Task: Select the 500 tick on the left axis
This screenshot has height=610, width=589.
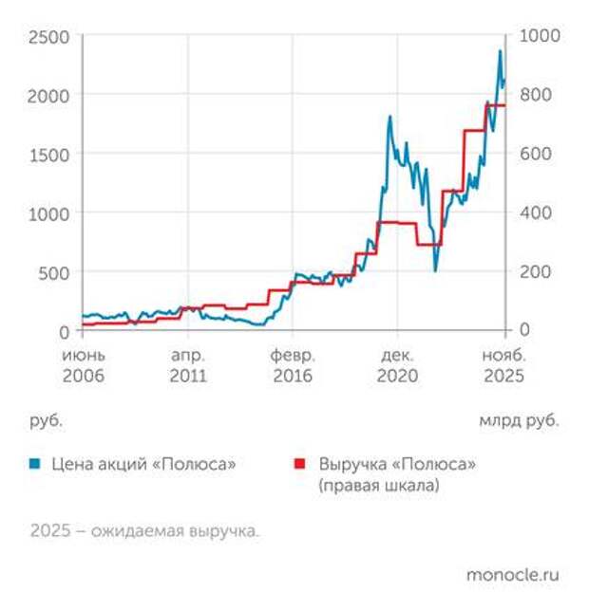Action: pyautogui.click(x=54, y=272)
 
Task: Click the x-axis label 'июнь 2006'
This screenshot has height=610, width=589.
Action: pyautogui.click(x=84, y=365)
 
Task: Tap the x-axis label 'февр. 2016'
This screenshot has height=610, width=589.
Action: pyautogui.click(x=293, y=365)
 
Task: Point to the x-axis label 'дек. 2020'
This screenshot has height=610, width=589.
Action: pyautogui.click(x=397, y=365)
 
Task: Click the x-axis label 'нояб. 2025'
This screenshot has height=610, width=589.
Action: pyautogui.click(x=503, y=365)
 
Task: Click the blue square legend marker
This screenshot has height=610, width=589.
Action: pyautogui.click(x=35, y=464)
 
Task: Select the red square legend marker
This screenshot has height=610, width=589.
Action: pyautogui.click(x=301, y=464)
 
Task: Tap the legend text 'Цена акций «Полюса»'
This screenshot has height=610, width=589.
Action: pyautogui.click(x=143, y=464)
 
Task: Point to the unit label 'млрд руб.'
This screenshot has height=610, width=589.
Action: pyautogui.click(x=519, y=418)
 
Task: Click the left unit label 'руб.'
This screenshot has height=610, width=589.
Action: pyautogui.click(x=46, y=418)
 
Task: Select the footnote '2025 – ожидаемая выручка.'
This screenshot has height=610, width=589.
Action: pyautogui.click(x=143, y=530)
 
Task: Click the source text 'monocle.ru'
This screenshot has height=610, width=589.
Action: pyautogui.click(x=512, y=575)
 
